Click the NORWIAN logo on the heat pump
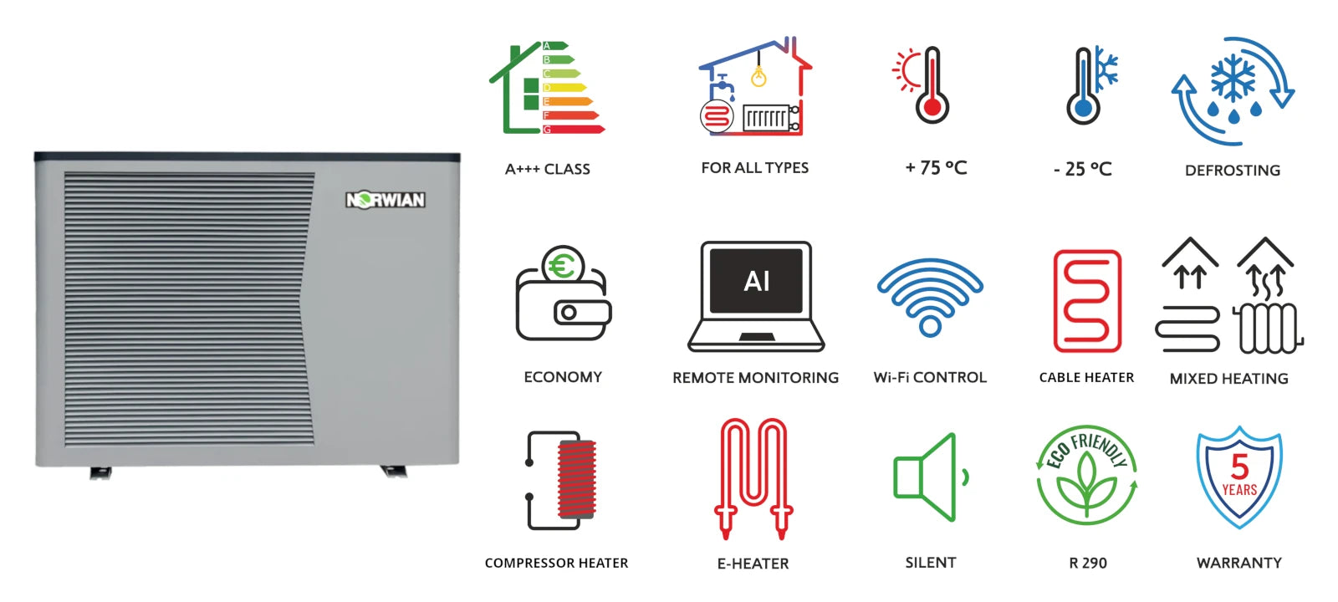tap(386, 200)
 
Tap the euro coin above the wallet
tap(562, 266)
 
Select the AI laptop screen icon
tap(756, 282)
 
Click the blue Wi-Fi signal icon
tap(930, 297)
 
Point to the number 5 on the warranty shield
tap(1239, 466)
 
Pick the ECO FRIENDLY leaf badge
tap(1087, 475)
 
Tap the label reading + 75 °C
tap(936, 168)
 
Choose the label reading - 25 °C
tap(1083, 170)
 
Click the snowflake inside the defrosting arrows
tap(1233, 79)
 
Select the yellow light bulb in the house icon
tap(758, 78)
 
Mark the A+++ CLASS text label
tap(548, 170)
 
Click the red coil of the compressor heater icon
tap(577, 479)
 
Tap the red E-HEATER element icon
tap(753, 477)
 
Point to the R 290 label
tap(1088, 564)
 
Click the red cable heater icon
tap(1087, 301)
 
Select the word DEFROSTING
tap(1233, 171)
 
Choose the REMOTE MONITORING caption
tap(756, 378)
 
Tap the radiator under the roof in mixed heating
tap(1268, 328)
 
